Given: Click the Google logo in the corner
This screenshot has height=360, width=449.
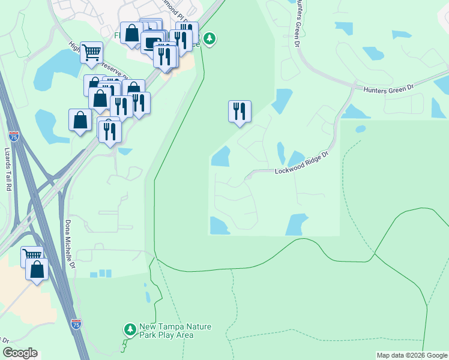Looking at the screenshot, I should click(x=20, y=353).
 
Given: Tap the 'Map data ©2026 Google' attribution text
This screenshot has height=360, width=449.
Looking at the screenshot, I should click(x=411, y=355).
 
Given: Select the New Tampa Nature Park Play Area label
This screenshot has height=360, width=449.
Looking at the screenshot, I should click(x=166, y=331).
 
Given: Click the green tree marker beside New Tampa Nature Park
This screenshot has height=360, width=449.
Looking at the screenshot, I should click(x=130, y=329).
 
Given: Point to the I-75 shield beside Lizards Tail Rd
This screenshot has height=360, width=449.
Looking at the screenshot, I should click(x=13, y=137).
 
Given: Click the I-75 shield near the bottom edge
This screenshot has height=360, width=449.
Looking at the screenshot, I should click(x=76, y=325).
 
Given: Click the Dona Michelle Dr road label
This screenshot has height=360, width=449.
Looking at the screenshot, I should click(x=68, y=244).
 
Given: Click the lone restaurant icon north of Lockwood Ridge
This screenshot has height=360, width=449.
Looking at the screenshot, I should click(x=239, y=111).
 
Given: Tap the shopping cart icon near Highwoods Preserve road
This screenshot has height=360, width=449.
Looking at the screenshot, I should click(x=91, y=52).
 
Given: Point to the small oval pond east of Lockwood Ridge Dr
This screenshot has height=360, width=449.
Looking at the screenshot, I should click(x=360, y=128).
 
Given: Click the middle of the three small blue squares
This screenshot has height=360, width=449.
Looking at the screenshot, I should click(x=101, y=274).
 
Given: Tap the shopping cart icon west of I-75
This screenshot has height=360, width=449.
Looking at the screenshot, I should click(x=32, y=256).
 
